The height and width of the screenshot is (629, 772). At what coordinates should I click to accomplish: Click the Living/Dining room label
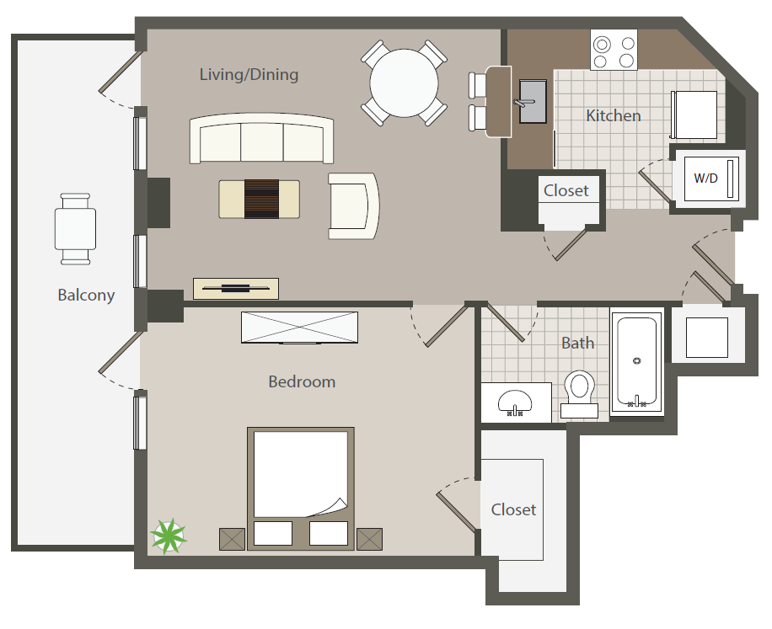249,75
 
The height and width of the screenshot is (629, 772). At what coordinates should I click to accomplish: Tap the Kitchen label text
613,115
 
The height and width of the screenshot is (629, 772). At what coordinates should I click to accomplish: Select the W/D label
705,178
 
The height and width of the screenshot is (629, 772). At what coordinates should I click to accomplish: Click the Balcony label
86,296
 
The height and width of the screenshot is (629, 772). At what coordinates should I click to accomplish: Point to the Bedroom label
302,381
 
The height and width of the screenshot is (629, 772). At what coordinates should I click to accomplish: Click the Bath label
577,343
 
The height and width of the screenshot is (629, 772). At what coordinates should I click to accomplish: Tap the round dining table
405,83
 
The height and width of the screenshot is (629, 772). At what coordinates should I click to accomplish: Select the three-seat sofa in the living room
261,140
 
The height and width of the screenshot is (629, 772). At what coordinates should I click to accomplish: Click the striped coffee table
260,199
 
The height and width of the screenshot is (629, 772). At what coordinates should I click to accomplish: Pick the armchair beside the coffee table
352,205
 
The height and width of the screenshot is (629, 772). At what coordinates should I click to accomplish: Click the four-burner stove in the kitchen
614,51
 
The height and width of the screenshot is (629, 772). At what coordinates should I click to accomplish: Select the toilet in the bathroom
579,392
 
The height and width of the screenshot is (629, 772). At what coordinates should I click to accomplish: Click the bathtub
636,362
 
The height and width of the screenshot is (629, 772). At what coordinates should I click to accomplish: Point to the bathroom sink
515,402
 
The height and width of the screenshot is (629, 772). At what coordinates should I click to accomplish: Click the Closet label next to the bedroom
513,509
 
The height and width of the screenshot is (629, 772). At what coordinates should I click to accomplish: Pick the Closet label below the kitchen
566,190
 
